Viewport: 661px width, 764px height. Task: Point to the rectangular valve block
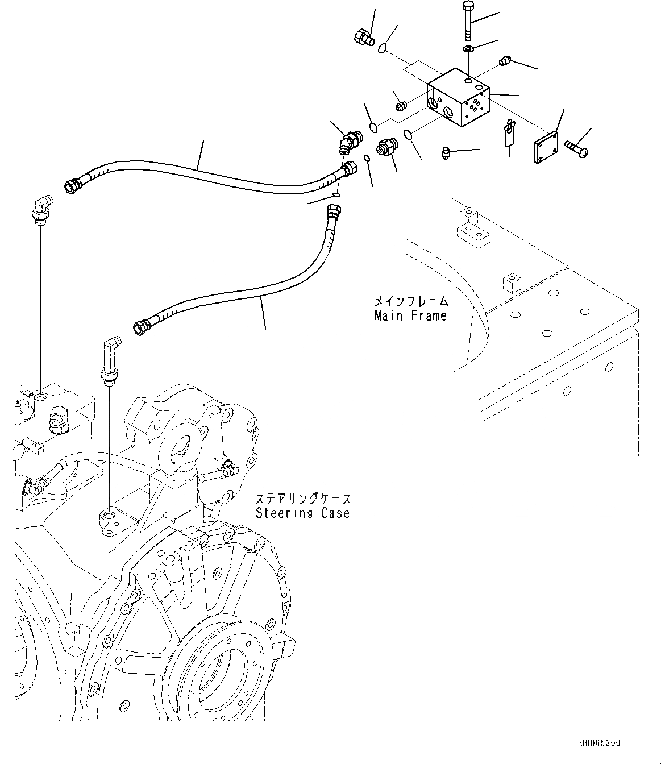pyautogui.click(x=458, y=98)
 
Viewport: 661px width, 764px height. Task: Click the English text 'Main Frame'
pyautogui.click(x=410, y=315)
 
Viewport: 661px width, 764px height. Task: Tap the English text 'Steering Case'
pyautogui.click(x=302, y=513)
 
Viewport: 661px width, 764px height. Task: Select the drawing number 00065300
pyautogui.click(x=600, y=743)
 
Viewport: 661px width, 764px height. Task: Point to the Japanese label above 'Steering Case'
pyautogui.click(x=302, y=499)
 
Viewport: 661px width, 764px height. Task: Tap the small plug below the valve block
pyautogui.click(x=446, y=152)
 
